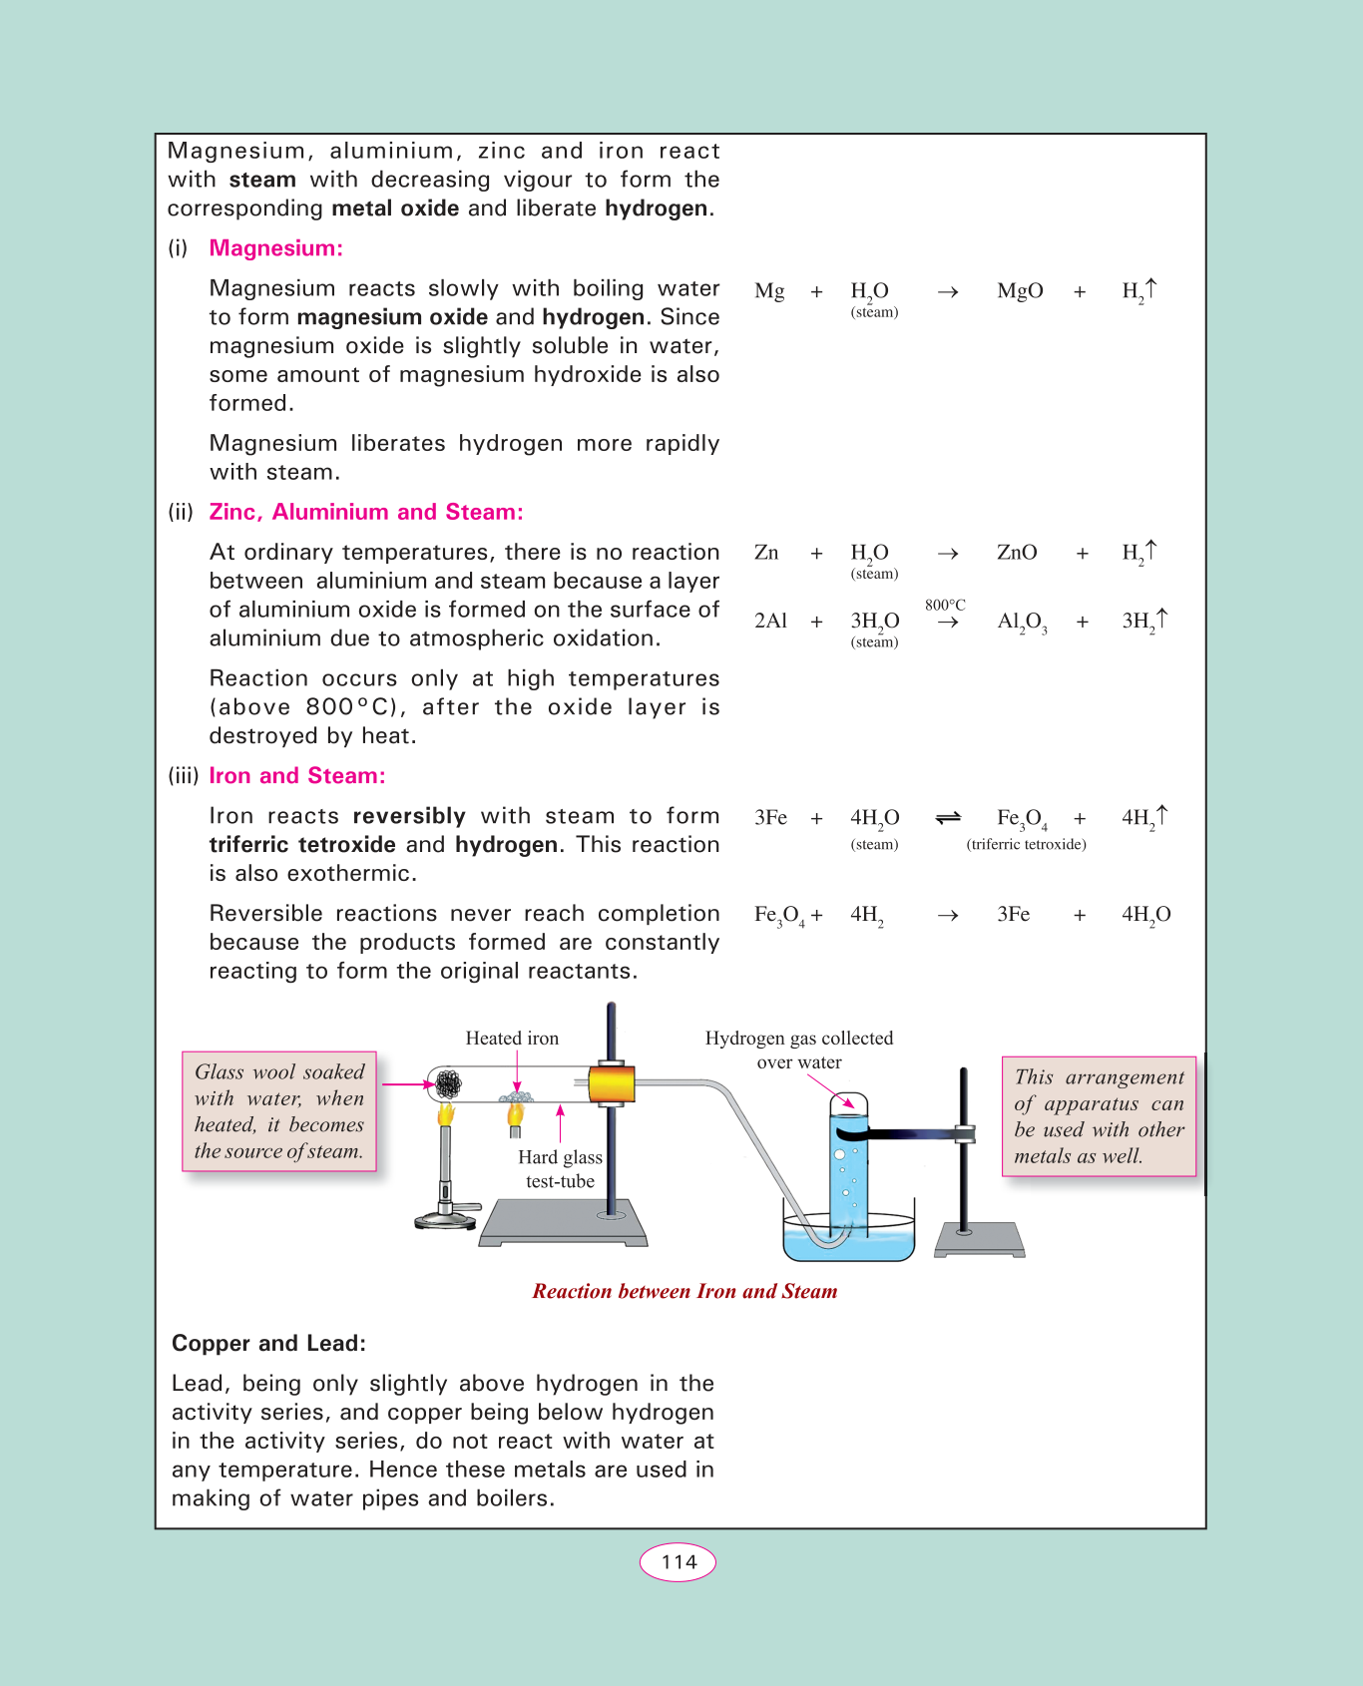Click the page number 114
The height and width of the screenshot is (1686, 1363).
[x=679, y=1562]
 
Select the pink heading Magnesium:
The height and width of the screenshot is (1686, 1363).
[x=275, y=248]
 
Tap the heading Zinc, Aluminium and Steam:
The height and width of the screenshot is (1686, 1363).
[x=365, y=512]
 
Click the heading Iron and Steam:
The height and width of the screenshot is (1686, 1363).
[x=296, y=776]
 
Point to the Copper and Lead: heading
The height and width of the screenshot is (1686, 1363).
[x=268, y=1344]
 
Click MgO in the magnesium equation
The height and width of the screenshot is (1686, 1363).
[x=1020, y=291]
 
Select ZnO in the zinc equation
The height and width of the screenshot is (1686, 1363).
[x=1017, y=553]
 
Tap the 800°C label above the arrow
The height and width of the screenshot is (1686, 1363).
[x=945, y=605]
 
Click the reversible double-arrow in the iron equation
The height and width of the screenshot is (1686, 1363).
[x=948, y=818]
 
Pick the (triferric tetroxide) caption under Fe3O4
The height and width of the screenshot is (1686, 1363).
[x=1026, y=844]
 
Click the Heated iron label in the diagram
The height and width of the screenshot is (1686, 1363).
[x=512, y=1039]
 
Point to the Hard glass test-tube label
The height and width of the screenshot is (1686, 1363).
[x=560, y=1169]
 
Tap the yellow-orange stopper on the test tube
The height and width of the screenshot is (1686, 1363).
[x=611, y=1083]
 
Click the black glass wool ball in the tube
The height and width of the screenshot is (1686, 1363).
[x=448, y=1083]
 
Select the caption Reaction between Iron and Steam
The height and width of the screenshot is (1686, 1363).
[x=684, y=1291]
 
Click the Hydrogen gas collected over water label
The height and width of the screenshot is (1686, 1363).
[x=798, y=1050]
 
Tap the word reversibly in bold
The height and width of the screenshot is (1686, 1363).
[x=409, y=816]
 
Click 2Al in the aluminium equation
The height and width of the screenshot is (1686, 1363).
[x=770, y=621]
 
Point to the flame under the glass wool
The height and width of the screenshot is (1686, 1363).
[x=446, y=1113]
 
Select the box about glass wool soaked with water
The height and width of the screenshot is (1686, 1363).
[x=279, y=1111]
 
